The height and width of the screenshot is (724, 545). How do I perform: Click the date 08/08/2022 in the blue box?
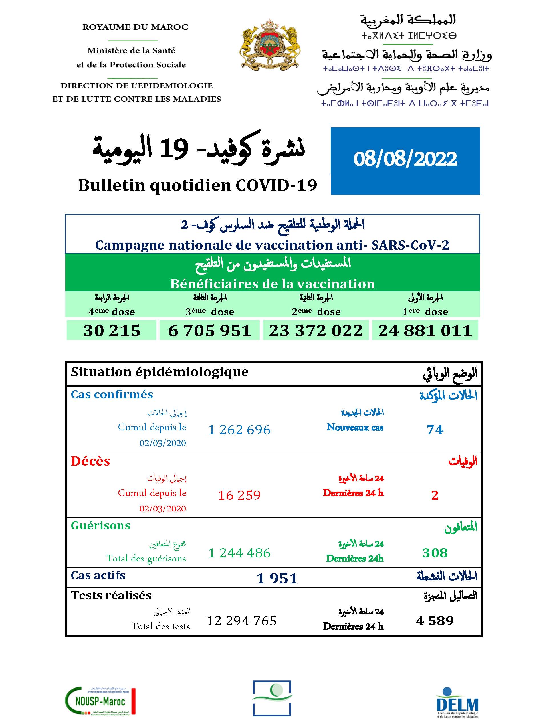pos(405,159)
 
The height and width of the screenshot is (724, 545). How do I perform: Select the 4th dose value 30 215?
pos(112,330)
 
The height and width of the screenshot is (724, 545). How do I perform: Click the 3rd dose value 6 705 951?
pos(209,330)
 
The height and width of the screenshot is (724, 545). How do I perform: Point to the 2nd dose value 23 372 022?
pos(316,330)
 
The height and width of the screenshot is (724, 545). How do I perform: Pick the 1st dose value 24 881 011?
pos(425,330)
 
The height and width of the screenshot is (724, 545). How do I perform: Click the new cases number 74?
pos(435,429)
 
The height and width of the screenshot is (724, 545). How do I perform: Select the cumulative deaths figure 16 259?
pos(239,495)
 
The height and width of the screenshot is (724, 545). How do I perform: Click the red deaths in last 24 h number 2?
pos(435,495)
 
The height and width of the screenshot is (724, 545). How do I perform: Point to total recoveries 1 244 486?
pos(239,553)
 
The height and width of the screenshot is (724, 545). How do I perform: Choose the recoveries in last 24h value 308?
pos(435,553)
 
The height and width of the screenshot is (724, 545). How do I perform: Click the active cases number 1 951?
pos(277,578)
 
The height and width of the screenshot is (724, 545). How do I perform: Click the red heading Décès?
pos(91,461)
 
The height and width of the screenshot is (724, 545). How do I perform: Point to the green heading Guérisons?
pos(100,526)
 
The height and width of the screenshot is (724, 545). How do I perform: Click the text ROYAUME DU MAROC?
pos(135,27)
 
